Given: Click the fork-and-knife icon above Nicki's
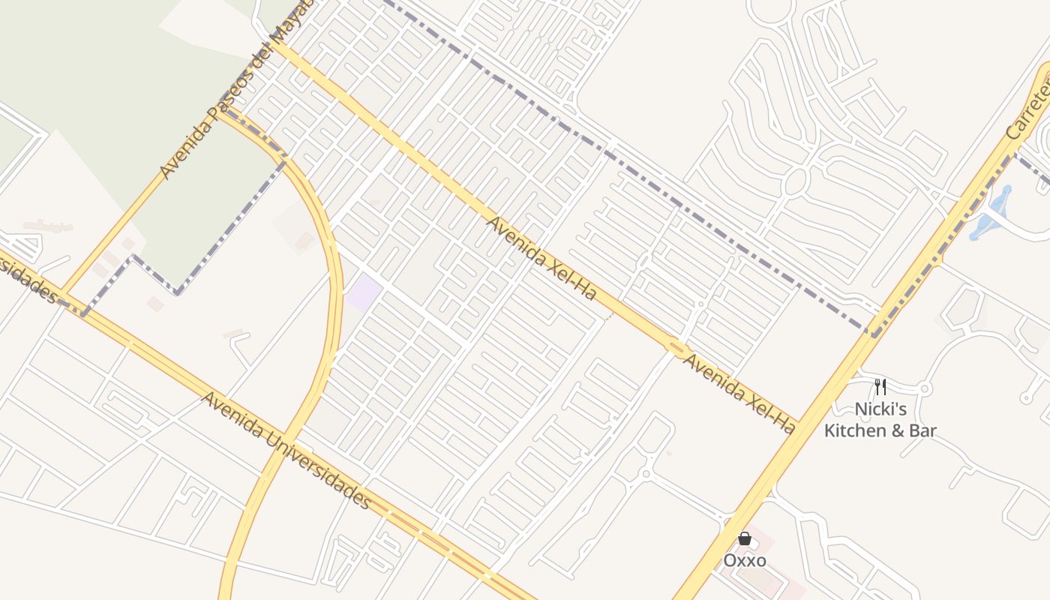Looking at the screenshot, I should pyautogui.click(x=880, y=387).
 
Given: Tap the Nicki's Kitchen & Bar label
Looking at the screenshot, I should pyautogui.click(x=880, y=420).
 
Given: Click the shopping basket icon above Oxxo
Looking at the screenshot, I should pyautogui.click(x=745, y=538).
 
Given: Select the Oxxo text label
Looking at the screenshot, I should pyautogui.click(x=745, y=560).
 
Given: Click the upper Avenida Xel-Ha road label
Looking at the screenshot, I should pyautogui.click(x=541, y=257).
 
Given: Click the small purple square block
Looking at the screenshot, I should pyautogui.click(x=364, y=292).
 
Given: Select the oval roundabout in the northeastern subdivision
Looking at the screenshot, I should pyautogui.click(x=796, y=182).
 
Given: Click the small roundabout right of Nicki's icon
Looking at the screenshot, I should pyautogui.click(x=925, y=388).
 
